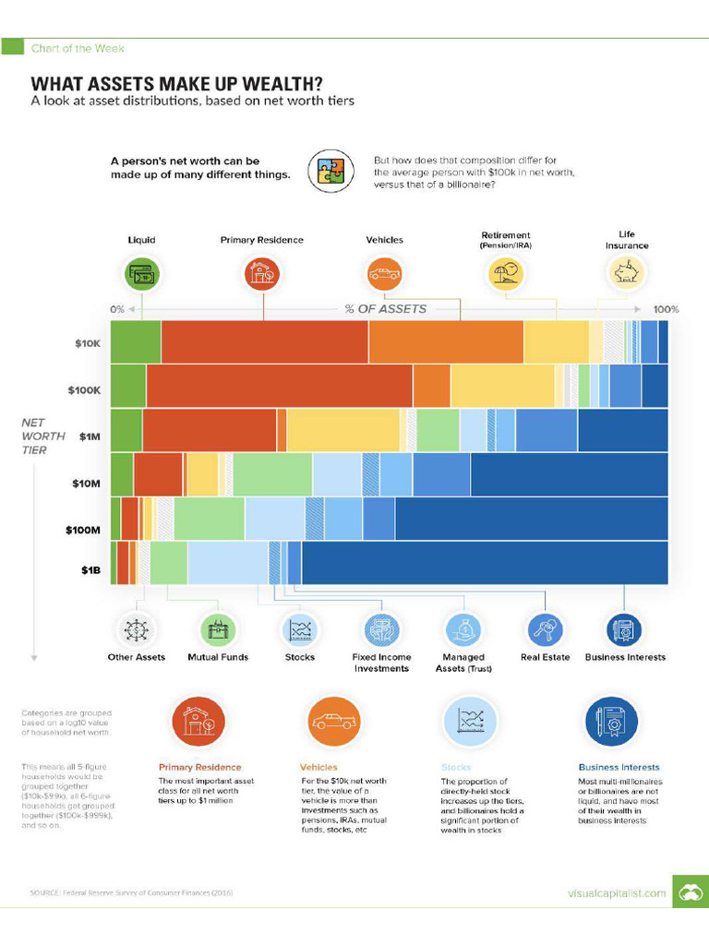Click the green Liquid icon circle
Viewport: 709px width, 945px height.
coord(142,274)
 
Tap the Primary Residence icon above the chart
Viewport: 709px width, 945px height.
coord(261,274)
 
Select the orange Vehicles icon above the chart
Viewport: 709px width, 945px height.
coord(384,274)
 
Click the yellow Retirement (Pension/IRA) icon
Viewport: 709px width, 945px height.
coord(505,274)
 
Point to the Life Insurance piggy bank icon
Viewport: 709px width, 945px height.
coord(627,274)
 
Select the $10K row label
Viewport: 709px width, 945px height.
coord(87,343)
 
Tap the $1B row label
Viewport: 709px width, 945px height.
coord(89,569)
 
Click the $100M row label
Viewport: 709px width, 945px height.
coord(82,530)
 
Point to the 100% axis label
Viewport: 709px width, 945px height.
coord(666,309)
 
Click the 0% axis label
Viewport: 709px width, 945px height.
coord(117,309)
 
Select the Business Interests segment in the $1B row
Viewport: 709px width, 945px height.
coord(484,563)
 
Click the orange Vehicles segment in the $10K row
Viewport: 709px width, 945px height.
coord(446,341)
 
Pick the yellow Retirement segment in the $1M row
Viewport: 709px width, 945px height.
coord(342,429)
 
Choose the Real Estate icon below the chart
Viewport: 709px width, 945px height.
coord(545,629)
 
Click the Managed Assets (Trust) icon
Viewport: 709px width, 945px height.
coord(463,629)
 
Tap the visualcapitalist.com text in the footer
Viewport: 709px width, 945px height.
coord(616,892)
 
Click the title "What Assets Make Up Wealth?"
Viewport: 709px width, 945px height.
coord(177,83)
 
